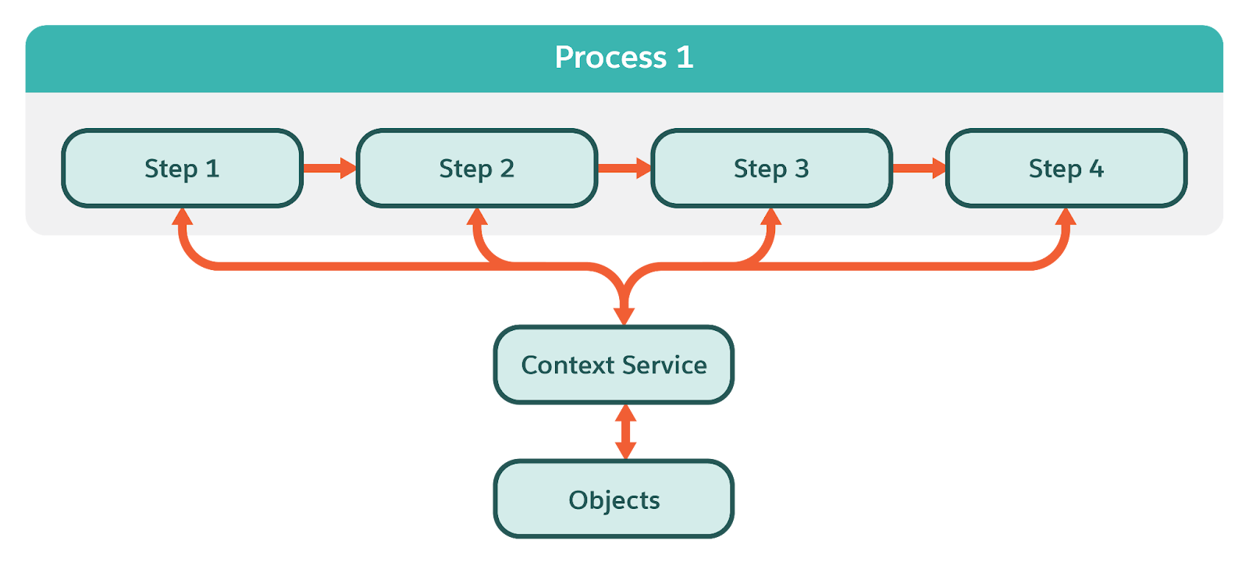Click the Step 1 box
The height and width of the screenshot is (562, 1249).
[x=183, y=169]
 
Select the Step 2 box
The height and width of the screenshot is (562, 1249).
[x=477, y=169]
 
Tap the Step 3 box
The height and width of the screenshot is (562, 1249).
[x=772, y=169]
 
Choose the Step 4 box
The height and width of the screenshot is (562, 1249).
[x=1066, y=169]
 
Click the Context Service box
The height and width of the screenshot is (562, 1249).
[x=614, y=365]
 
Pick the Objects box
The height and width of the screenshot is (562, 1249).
[x=614, y=499]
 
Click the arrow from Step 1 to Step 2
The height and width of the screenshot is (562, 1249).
[x=329, y=168]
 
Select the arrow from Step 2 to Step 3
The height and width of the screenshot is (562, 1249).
[x=624, y=168]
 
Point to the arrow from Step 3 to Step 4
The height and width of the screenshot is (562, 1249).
[x=920, y=168]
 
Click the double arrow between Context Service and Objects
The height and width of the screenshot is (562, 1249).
[x=625, y=432]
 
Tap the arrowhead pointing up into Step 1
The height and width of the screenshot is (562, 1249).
[x=183, y=216]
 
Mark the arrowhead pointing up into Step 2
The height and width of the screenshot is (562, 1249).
[x=477, y=216]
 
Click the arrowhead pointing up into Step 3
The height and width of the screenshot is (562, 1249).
[x=771, y=216]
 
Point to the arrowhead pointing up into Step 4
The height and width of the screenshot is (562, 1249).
[x=1066, y=216]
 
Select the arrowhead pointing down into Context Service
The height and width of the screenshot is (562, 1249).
[x=624, y=316]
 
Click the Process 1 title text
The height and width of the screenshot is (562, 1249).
[x=624, y=58]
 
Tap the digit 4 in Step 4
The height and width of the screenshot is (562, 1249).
[x=1096, y=169]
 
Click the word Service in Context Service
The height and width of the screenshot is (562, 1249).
[x=664, y=365]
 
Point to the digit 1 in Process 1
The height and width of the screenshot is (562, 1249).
[x=685, y=57]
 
